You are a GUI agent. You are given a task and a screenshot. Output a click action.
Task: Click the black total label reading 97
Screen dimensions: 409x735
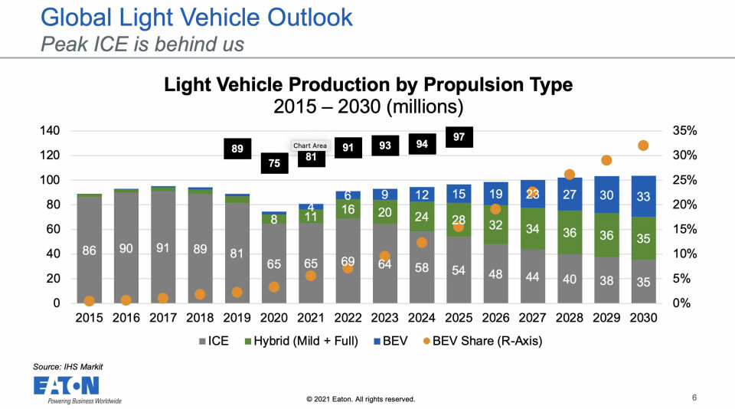459,136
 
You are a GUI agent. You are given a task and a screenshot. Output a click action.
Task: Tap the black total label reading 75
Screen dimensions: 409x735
274,163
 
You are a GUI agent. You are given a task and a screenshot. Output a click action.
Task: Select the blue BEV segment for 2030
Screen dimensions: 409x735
643,197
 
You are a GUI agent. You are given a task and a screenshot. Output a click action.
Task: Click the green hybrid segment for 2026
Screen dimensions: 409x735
495,225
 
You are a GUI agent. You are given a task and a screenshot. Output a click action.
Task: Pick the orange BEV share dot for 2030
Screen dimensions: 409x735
643,146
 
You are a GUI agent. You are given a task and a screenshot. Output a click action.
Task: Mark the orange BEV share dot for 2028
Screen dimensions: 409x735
569,175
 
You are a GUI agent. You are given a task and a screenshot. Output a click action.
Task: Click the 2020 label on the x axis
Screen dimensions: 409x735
274,318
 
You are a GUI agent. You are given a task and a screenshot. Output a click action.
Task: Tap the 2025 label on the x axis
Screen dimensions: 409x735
459,318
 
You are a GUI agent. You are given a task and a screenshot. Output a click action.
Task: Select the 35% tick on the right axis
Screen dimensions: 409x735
685,131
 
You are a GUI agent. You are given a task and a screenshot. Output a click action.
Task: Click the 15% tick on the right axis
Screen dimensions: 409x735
685,229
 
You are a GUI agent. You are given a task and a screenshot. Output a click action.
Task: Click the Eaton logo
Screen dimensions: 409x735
67,386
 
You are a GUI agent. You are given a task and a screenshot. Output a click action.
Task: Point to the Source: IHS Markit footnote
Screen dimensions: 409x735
68,367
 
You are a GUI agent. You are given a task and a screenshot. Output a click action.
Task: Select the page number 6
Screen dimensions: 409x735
694,398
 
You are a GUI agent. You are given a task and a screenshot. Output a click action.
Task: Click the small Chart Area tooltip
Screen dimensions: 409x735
309,145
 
